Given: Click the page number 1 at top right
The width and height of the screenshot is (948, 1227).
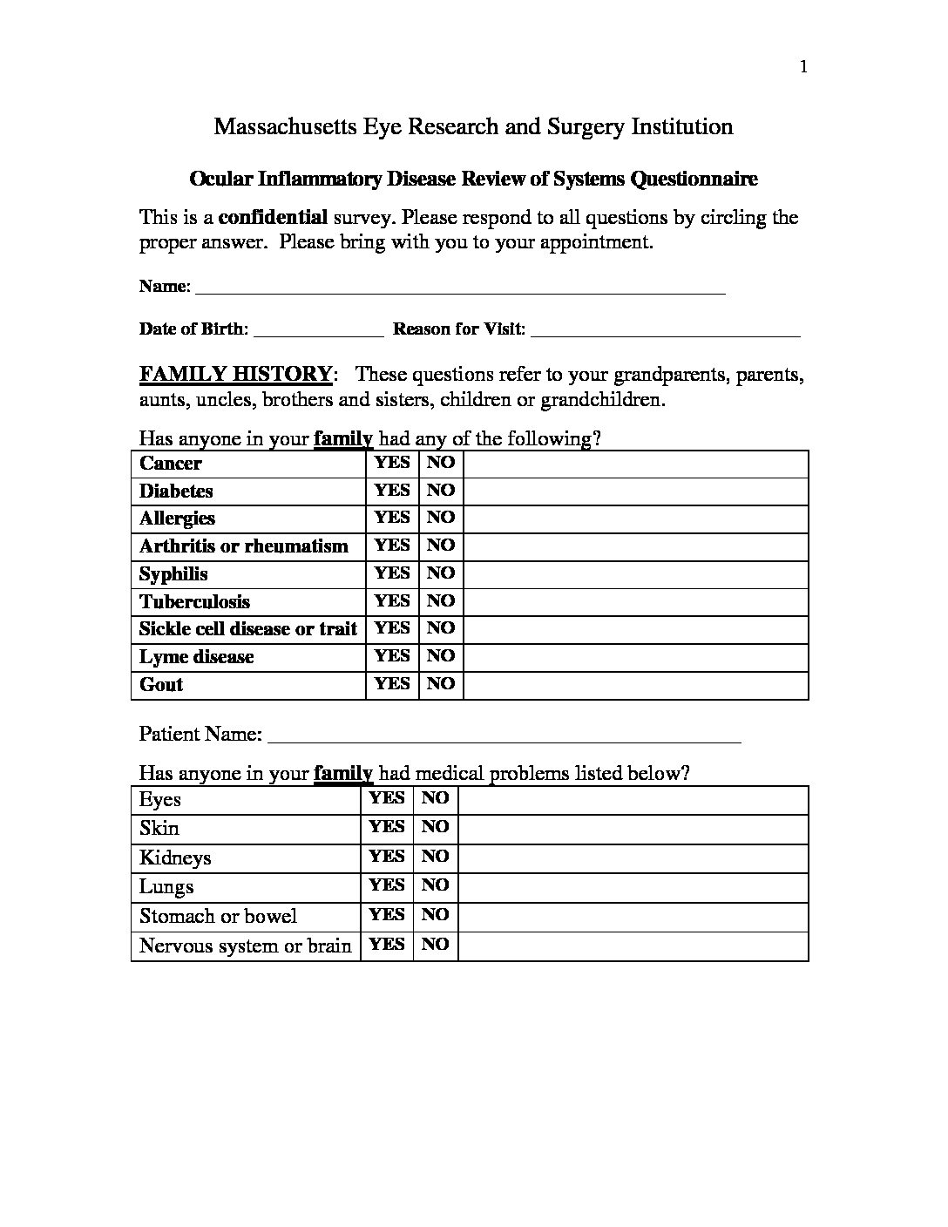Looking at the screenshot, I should pos(803,68).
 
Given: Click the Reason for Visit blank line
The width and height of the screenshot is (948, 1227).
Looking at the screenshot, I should pos(665,331).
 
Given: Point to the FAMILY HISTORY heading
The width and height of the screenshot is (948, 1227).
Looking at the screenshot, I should pos(235,375).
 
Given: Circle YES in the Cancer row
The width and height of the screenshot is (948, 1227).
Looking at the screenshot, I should pos(392,463).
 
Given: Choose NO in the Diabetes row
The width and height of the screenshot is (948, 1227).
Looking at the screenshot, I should pos(441,491).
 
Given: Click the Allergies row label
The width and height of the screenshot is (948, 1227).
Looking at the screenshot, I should pos(177,519).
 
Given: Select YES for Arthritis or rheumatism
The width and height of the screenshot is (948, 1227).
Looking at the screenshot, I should pos(392,546).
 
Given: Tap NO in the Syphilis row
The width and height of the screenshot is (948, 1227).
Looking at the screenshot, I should pos(441,573).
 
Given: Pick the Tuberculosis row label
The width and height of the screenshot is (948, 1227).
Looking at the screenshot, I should pos(194,601).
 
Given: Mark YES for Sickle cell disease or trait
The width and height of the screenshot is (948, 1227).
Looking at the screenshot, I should pos(392,628).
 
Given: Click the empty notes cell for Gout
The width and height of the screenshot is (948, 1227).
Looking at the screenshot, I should pos(635,684).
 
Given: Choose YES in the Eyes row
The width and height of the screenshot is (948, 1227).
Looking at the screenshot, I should pos(387,798).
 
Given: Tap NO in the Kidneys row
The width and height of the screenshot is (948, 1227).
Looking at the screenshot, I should pos(436,857).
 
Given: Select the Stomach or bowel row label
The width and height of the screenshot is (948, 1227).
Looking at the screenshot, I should pos(218,916).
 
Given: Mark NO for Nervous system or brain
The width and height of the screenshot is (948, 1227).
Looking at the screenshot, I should pos(436,945).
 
